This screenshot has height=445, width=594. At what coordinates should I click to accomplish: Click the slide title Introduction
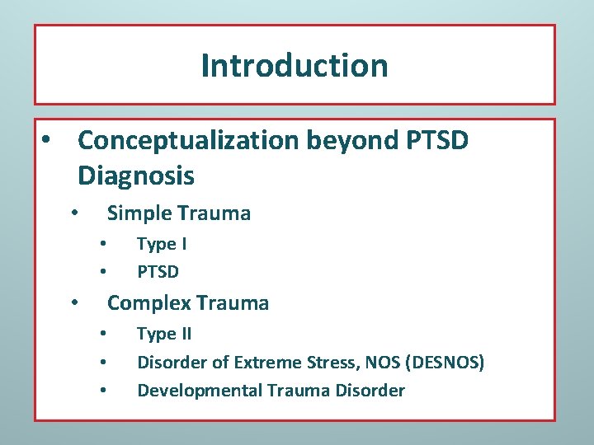(x=295, y=65)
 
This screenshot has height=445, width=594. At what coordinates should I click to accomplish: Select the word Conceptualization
(x=188, y=141)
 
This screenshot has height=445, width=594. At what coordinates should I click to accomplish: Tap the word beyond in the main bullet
(x=353, y=141)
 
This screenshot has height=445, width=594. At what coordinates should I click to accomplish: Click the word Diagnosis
(x=136, y=176)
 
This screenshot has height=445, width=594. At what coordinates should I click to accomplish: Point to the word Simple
(x=137, y=213)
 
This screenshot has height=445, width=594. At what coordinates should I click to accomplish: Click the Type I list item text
(x=162, y=244)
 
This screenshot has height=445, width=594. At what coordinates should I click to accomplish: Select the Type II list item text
(x=164, y=334)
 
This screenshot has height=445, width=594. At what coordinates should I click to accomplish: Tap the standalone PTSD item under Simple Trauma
(x=158, y=271)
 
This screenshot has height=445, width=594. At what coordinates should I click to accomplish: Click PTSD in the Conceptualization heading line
(x=438, y=141)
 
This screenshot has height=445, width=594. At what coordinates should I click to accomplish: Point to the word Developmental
(x=199, y=390)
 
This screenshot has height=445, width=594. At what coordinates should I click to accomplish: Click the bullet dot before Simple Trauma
(x=74, y=213)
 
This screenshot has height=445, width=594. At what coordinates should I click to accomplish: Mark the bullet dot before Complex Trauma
(x=74, y=302)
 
